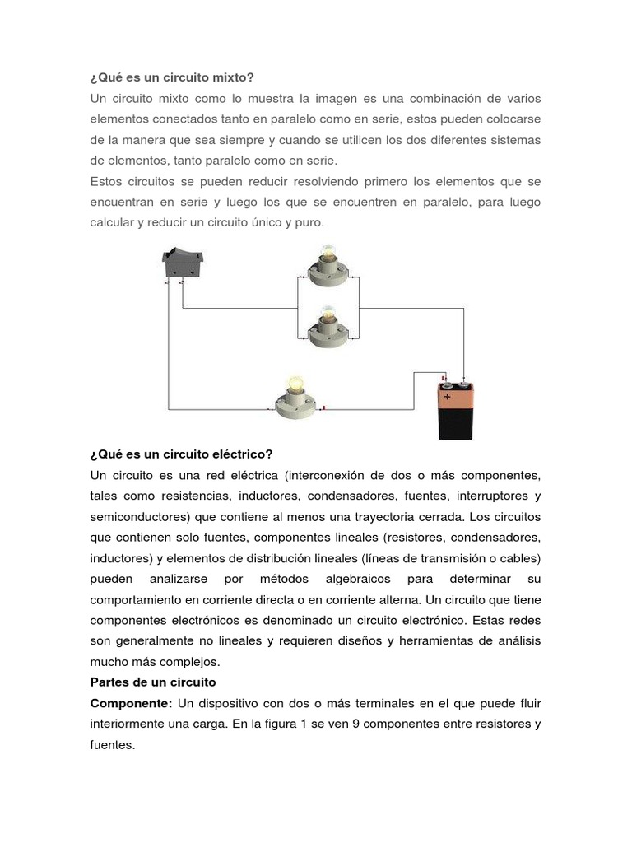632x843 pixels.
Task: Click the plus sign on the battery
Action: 448,396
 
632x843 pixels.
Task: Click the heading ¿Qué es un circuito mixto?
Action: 172,77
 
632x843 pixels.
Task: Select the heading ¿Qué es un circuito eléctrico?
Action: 181,454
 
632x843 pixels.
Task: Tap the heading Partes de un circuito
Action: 152,682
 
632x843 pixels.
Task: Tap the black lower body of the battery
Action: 457,426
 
